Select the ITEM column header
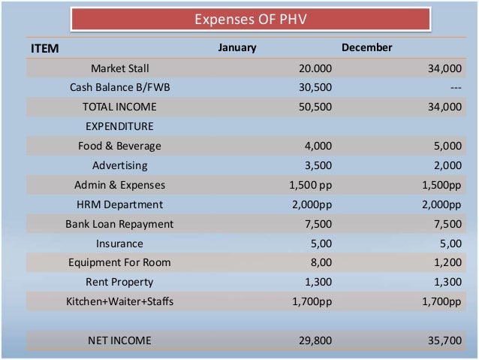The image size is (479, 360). pyautogui.click(x=44, y=48)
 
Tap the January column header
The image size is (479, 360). pyautogui.click(x=237, y=48)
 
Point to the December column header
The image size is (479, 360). pyautogui.click(x=367, y=48)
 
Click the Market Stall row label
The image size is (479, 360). pyautogui.click(x=119, y=68)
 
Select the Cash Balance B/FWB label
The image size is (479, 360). pyautogui.click(x=119, y=88)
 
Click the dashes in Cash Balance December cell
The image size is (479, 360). pyautogui.click(x=456, y=88)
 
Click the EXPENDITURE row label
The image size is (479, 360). pyautogui.click(x=119, y=126)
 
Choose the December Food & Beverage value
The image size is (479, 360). pyautogui.click(x=447, y=146)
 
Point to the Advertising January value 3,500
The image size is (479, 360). pyautogui.click(x=318, y=165)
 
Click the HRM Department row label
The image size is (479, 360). pyautogui.click(x=119, y=204)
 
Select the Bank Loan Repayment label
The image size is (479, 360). pyautogui.click(x=119, y=224)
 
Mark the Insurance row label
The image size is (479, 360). pyautogui.click(x=119, y=244)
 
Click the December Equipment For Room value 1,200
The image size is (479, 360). pyautogui.click(x=447, y=263)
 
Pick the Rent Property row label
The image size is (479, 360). pyautogui.click(x=119, y=283)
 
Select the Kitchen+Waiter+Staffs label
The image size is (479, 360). pyautogui.click(x=119, y=302)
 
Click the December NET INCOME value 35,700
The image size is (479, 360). pyautogui.click(x=444, y=340)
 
